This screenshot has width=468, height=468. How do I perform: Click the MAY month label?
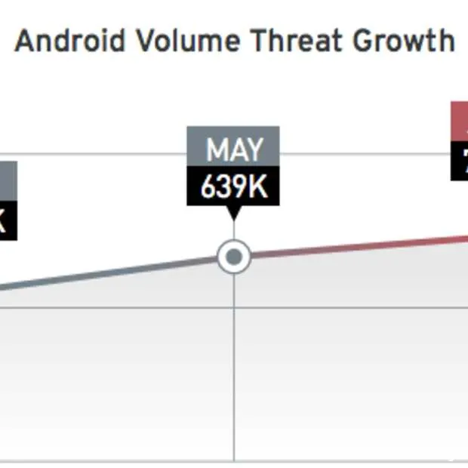(233, 149)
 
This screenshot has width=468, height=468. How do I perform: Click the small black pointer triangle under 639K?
(233, 213)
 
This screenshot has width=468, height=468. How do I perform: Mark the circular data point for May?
(234, 257)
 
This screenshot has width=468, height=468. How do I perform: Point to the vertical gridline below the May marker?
(234, 362)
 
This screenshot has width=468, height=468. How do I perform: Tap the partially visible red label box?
(460, 121)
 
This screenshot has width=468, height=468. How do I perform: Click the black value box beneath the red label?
(460, 161)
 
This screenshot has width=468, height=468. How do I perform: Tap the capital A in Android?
(25, 41)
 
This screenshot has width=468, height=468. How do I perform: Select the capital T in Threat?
(259, 41)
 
